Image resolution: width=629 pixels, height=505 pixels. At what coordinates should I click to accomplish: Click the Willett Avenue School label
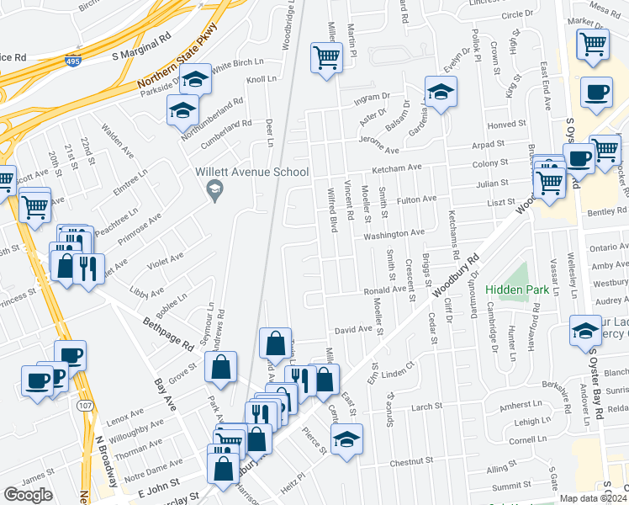[x=251, y=172]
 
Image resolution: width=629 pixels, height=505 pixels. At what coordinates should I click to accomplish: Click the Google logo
[x=28, y=495]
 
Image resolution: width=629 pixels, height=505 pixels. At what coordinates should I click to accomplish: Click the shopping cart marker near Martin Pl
[x=326, y=58]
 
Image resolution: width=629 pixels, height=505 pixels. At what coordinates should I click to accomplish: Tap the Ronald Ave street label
[x=385, y=290]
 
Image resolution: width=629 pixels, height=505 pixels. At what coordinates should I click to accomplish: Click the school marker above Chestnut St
[x=346, y=439]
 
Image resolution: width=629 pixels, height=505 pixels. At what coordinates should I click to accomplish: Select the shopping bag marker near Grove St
[x=220, y=366]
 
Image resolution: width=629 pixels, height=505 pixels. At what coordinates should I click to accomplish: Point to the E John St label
[x=159, y=484]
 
